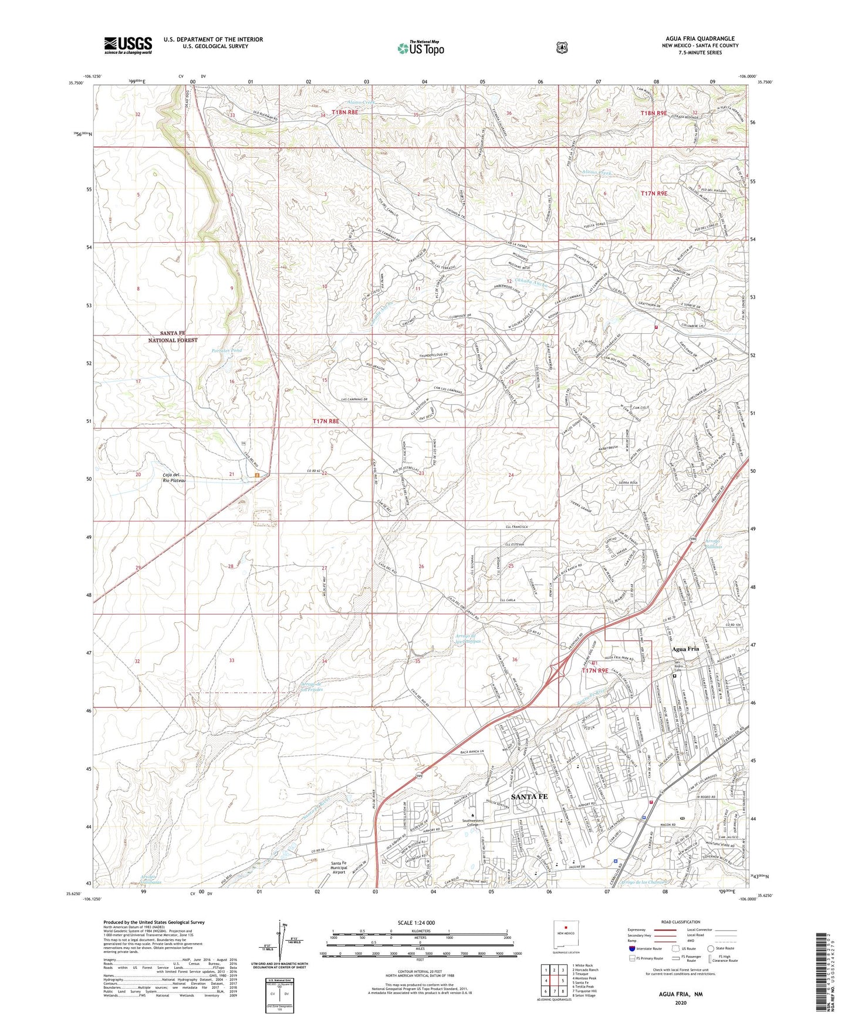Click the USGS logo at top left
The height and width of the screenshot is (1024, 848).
[x=128, y=45]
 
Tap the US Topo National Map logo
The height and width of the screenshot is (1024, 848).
[x=420, y=48]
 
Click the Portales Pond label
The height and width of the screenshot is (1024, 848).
[x=226, y=350]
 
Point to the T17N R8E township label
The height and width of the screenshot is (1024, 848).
[x=326, y=421]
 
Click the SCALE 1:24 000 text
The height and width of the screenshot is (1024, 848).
[x=416, y=923]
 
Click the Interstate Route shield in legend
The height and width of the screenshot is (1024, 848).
[x=631, y=948]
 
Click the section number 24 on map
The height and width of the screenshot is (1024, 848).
[x=511, y=474]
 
